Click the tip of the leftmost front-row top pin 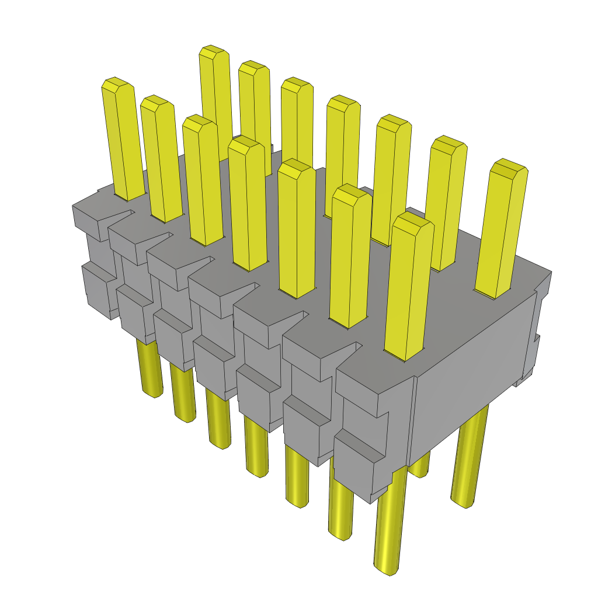pyautogui.click(x=117, y=85)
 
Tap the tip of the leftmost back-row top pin pyautogui.click(x=213, y=52)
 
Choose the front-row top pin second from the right pyautogui.click(x=350, y=257)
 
